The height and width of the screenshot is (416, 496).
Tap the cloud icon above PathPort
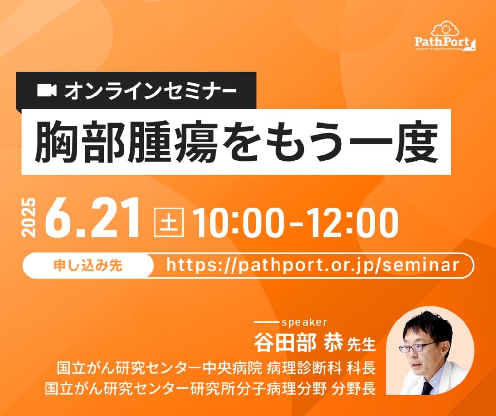tap(445, 29)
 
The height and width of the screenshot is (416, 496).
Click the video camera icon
tap(47, 91)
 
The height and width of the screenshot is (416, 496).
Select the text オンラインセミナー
tap(151, 91)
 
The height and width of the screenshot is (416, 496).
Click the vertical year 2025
tap(29, 218)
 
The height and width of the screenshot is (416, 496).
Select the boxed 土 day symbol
tap(169, 222)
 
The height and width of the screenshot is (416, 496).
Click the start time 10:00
tap(238, 223)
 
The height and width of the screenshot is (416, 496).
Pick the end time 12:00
tap(353, 223)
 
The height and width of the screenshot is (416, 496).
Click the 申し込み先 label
tap(88, 265)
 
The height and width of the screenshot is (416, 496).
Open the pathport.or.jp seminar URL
tap(312, 265)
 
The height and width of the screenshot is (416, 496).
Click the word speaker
tap(304, 322)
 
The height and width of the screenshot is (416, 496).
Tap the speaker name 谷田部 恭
tap(298, 342)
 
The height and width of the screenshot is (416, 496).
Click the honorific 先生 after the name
tap(361, 344)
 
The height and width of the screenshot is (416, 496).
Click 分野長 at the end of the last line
tap(354, 388)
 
